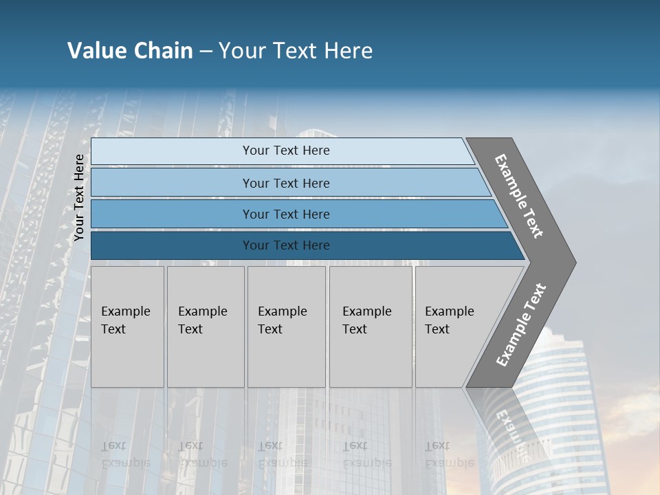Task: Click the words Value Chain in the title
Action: point(130,51)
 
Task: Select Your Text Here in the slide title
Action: point(296,51)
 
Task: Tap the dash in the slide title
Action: point(206,52)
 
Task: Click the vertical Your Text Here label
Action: point(79,198)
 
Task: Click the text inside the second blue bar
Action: point(286,183)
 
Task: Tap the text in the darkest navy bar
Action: point(286,245)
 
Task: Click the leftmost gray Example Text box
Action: point(127,327)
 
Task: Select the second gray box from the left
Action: point(205,327)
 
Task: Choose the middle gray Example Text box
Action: point(286,327)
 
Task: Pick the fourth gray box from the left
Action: point(370,327)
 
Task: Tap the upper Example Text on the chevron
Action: point(520,196)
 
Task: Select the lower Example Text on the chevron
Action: point(521,325)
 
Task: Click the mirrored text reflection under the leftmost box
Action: point(125,454)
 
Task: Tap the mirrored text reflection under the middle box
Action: point(282,454)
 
